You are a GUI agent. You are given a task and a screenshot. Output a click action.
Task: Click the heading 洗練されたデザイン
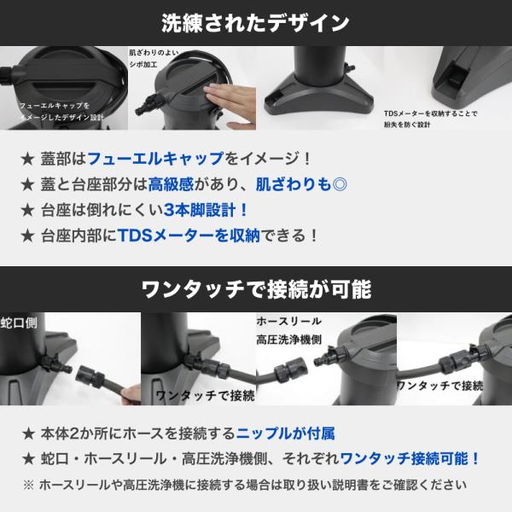(x=255, y=23)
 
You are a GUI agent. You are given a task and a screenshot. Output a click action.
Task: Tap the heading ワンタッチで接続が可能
(x=256, y=289)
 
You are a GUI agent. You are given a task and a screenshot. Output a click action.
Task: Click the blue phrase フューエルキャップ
(x=155, y=159)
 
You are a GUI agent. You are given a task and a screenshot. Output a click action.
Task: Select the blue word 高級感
(x=171, y=184)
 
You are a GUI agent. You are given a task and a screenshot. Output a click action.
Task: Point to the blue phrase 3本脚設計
(x=200, y=210)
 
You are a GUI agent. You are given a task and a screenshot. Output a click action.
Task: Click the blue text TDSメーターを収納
(x=189, y=236)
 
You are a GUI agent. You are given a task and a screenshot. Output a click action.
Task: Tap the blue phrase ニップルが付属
(x=285, y=433)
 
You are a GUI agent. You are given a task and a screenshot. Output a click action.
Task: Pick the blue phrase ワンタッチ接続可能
(x=404, y=459)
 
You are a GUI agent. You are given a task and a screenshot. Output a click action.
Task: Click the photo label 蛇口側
(x=19, y=323)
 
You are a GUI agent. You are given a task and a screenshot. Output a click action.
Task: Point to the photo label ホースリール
(x=289, y=322)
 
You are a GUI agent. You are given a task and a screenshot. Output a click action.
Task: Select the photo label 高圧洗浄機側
(x=289, y=340)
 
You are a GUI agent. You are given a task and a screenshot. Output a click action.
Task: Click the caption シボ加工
(x=143, y=64)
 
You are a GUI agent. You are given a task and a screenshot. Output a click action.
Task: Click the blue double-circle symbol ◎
(x=340, y=185)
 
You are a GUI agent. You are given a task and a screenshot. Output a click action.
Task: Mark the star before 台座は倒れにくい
(x=27, y=210)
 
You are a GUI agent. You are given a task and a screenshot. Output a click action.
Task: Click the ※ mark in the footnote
(x=29, y=486)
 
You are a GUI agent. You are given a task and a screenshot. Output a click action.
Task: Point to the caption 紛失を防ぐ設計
(x=407, y=125)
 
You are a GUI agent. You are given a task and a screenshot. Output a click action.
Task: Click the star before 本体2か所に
(x=28, y=434)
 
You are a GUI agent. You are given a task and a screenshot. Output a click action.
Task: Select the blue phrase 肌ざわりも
(x=294, y=184)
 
